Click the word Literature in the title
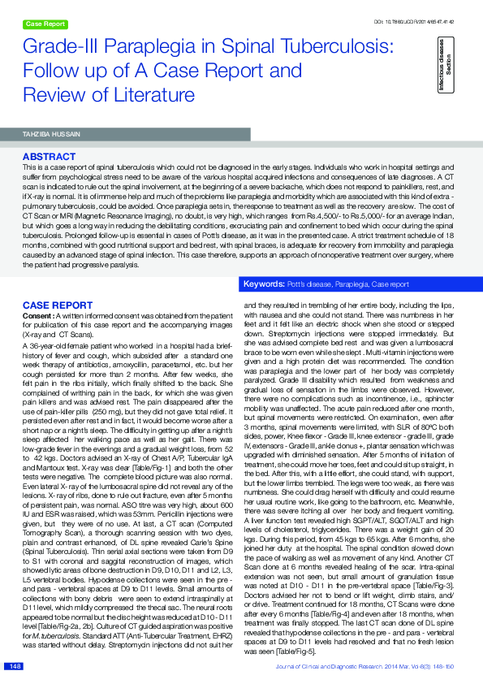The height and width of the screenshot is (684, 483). point(133,95)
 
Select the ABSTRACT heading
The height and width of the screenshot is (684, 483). point(49,155)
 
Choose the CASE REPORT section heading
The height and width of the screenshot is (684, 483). point(52,305)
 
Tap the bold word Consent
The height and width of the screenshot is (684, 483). point(39,314)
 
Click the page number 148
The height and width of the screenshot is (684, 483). point(15,666)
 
